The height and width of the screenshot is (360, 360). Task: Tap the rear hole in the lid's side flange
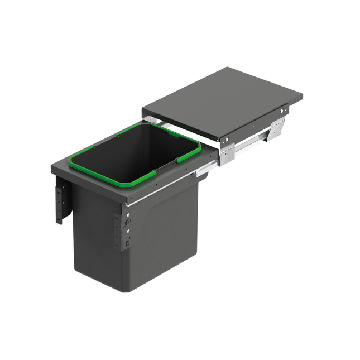click(284, 112)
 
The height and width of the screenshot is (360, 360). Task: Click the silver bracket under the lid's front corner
click(226, 154)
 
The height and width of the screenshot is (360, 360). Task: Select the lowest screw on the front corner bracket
click(127, 243)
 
